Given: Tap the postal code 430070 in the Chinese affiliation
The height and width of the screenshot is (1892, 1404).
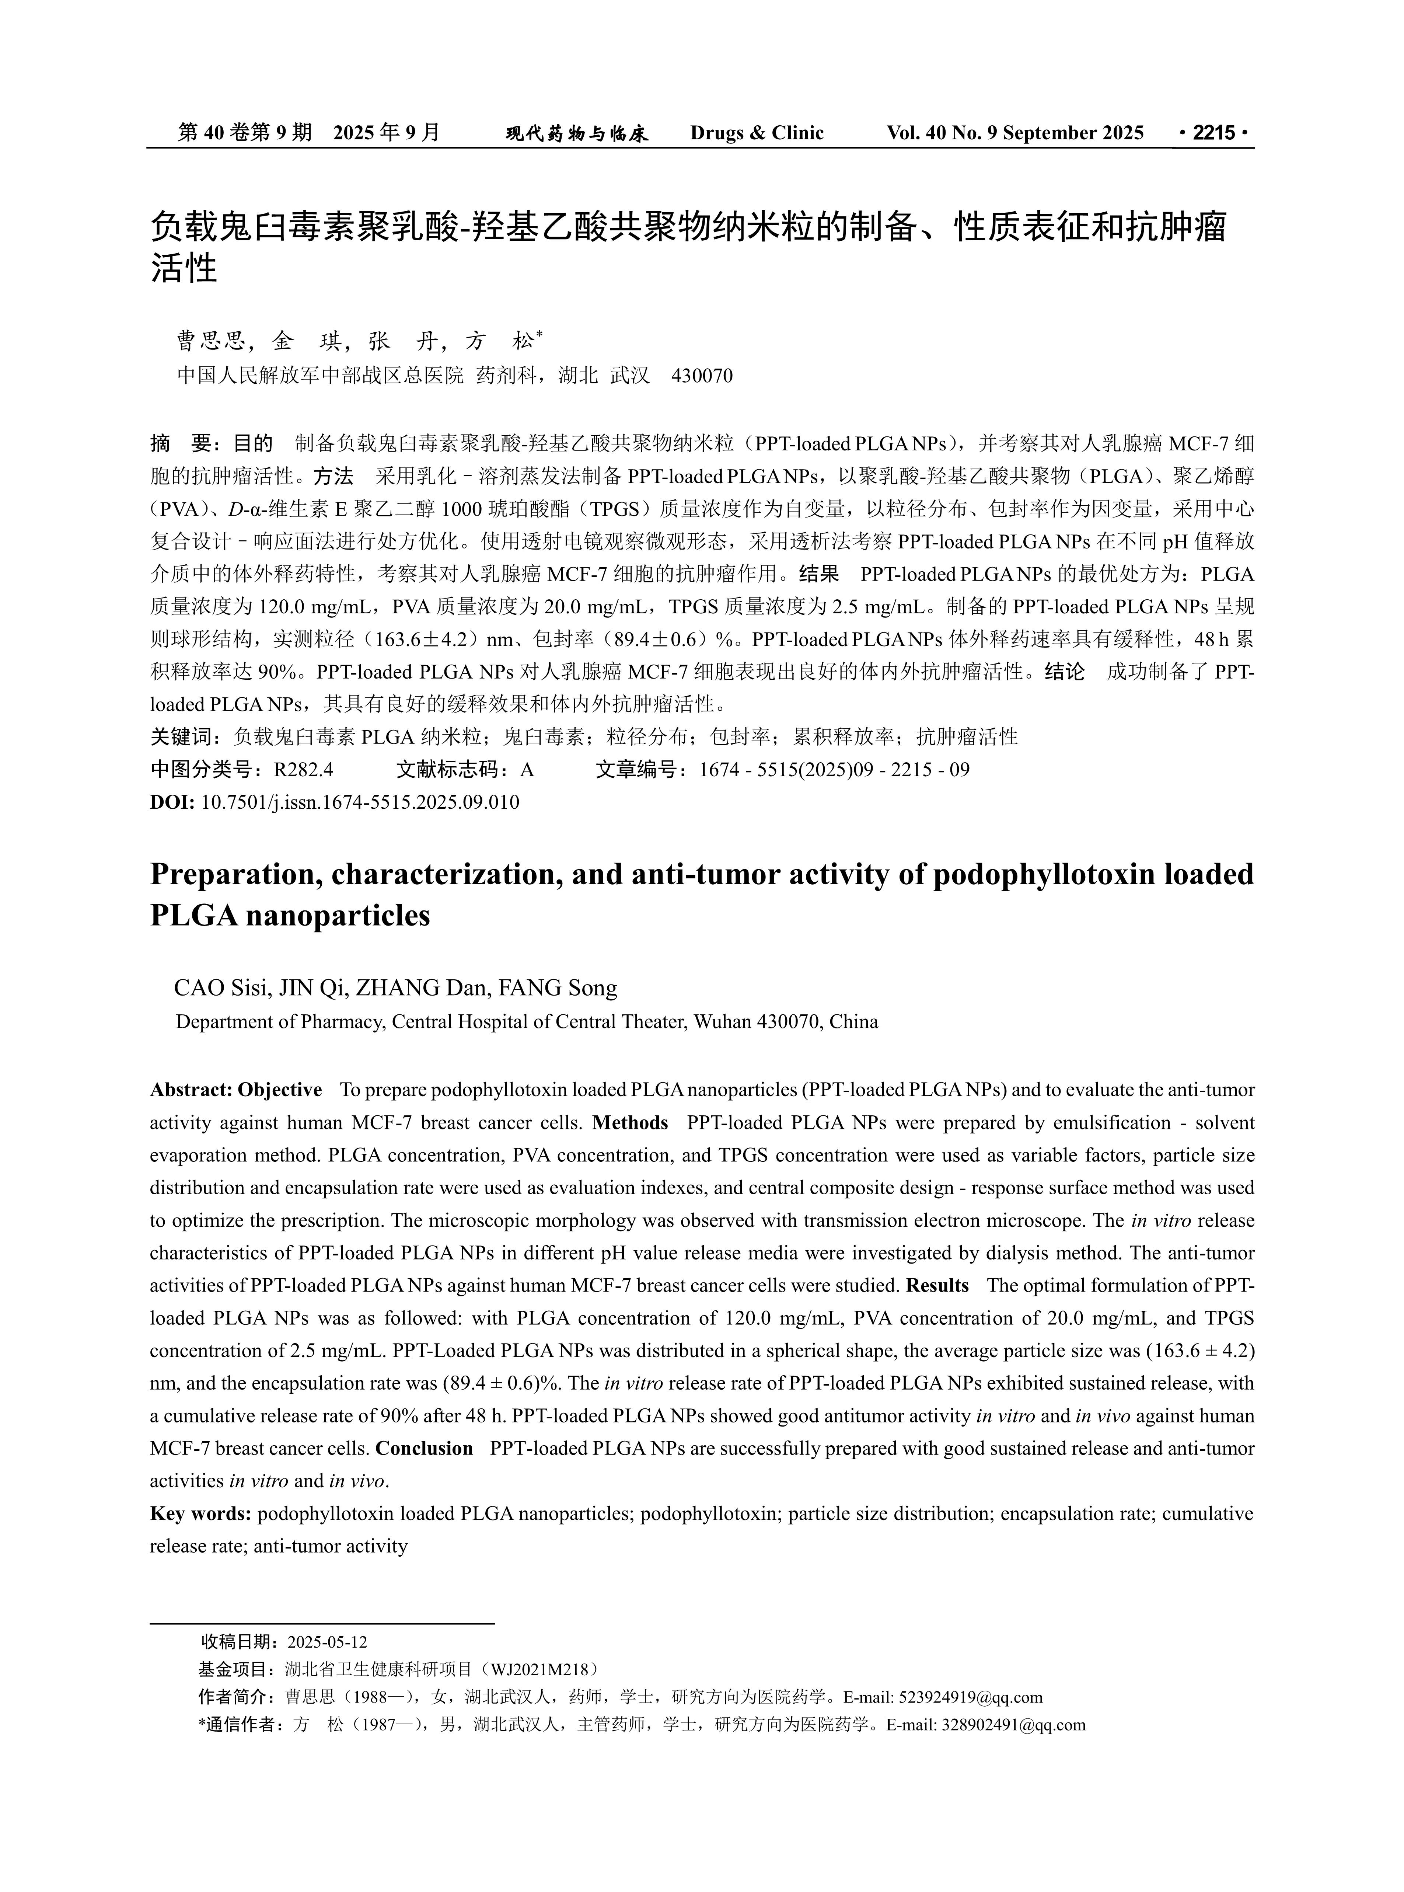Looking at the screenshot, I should click(x=702, y=376).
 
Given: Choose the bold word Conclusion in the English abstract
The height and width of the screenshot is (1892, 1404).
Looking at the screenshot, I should click(x=424, y=1448).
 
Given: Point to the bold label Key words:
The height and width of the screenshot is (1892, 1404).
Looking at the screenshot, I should click(x=200, y=1514).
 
